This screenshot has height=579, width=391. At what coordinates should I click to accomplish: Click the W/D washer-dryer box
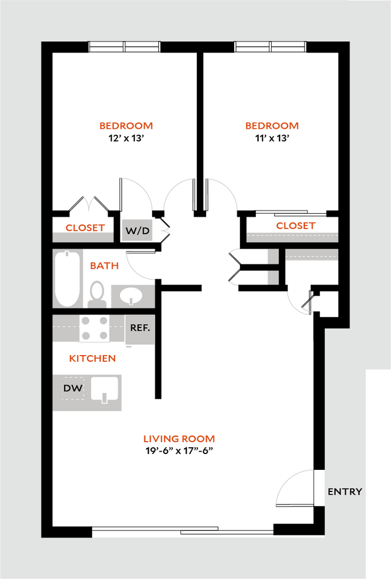tap(138, 230)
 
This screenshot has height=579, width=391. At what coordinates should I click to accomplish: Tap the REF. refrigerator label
tap(140, 328)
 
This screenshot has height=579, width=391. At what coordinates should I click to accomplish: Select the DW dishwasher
tap(72, 388)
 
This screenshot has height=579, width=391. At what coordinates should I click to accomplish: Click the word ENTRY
tap(345, 492)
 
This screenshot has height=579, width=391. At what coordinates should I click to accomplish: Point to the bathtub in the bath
tap(68, 278)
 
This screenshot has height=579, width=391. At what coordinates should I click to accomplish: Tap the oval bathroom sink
tap(131, 295)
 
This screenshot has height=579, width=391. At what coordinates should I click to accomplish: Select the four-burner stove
tap(94, 328)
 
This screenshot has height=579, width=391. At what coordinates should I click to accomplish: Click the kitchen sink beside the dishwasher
tap(105, 390)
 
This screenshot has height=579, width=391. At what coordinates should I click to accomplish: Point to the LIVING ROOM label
tap(179, 439)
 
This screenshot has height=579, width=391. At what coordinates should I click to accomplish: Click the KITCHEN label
tap(92, 358)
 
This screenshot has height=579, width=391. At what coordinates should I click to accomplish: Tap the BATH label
tap(105, 265)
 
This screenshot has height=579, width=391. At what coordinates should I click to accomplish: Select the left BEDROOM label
tap(126, 126)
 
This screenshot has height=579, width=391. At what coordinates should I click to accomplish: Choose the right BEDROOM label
tap(272, 126)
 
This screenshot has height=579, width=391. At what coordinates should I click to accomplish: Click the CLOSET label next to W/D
tap(85, 228)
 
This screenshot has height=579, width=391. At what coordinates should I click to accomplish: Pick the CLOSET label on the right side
tap(295, 226)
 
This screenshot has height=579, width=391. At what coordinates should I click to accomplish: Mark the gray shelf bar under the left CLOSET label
tap(87, 237)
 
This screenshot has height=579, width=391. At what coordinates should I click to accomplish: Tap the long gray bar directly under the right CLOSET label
tap(292, 237)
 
